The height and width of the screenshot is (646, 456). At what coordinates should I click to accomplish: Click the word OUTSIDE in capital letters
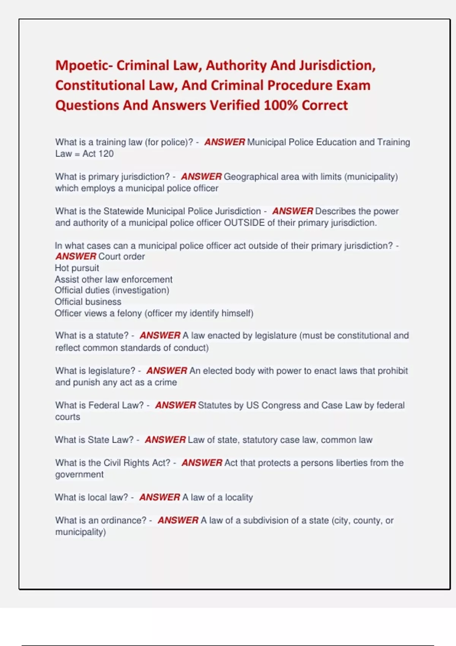click(x=244, y=223)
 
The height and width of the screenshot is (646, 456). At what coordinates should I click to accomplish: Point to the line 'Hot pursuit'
click(x=77, y=268)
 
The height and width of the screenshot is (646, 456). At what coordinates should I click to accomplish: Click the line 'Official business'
click(x=88, y=302)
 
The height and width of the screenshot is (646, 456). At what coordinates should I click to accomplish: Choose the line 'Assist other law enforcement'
click(x=113, y=279)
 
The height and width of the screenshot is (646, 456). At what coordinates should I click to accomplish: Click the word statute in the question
click(x=112, y=336)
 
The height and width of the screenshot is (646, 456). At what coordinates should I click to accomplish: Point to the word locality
click(x=239, y=497)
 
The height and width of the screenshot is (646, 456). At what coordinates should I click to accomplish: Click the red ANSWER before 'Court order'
click(x=76, y=256)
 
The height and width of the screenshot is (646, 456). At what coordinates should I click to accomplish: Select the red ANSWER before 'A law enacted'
click(x=160, y=336)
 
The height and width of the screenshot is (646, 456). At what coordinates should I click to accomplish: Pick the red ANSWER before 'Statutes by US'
click(x=175, y=405)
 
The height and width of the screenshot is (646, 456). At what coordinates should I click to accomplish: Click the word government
click(x=79, y=475)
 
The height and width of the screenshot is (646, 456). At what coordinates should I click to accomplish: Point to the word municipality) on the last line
click(x=80, y=532)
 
